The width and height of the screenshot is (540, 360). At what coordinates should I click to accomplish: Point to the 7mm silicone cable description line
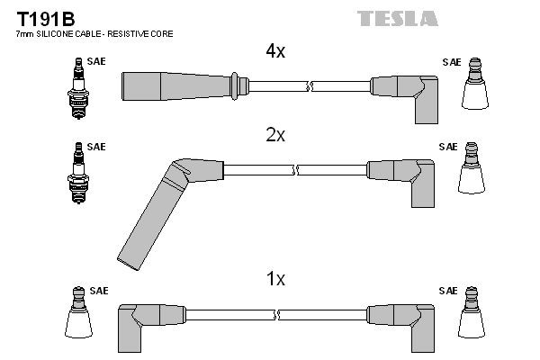(94, 33)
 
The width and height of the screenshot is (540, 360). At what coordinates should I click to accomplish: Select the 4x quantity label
(274, 51)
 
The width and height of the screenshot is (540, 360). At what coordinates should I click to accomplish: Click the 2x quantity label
(274, 135)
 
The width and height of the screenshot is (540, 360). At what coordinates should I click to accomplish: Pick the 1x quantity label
(274, 280)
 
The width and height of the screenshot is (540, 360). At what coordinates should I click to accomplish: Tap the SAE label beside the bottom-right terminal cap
(449, 291)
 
